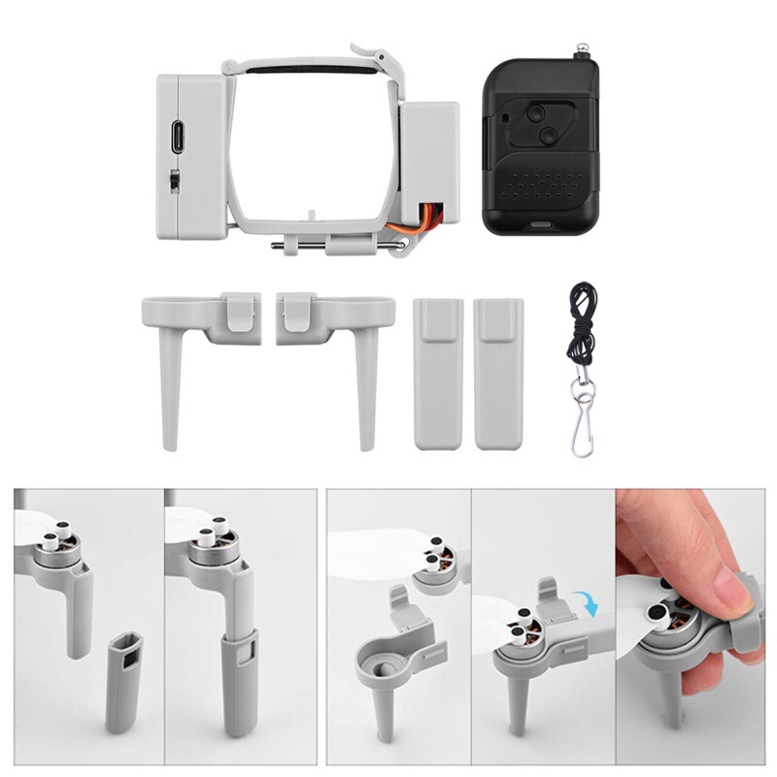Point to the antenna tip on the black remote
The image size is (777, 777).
pyautogui.click(x=585, y=46)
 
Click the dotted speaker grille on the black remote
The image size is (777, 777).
pyautogui.click(x=533, y=185)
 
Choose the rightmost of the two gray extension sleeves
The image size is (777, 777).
pyautogui.click(x=498, y=373)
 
